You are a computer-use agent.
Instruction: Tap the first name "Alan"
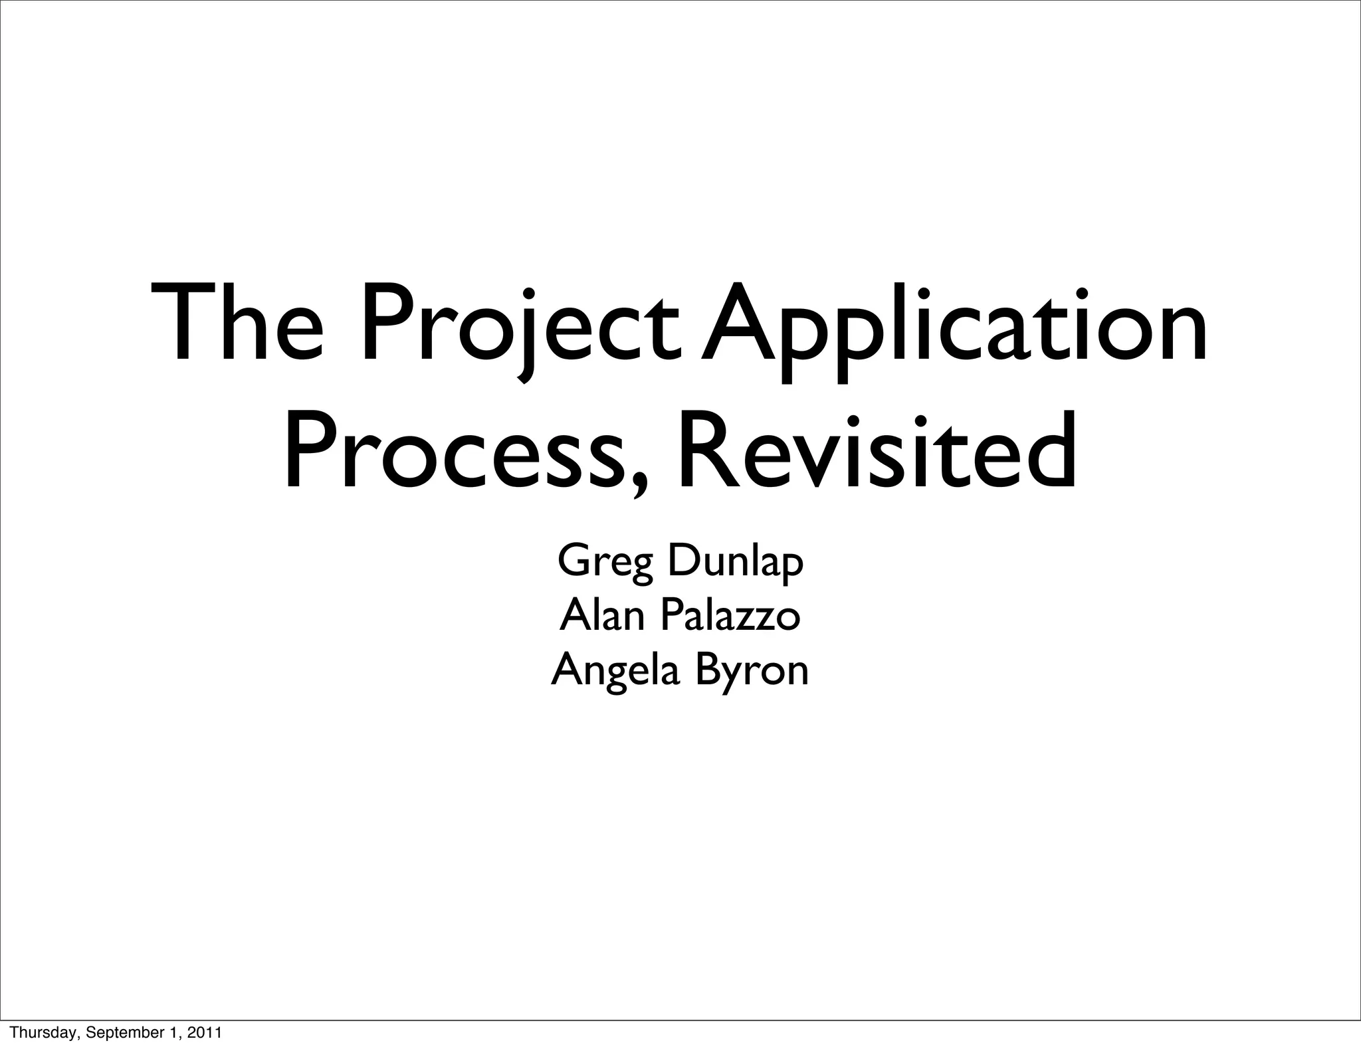pos(602,616)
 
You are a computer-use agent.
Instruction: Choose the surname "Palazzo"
pos(730,616)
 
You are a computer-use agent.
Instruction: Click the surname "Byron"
pos(752,671)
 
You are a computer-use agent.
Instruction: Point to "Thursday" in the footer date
pos(39,1033)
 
